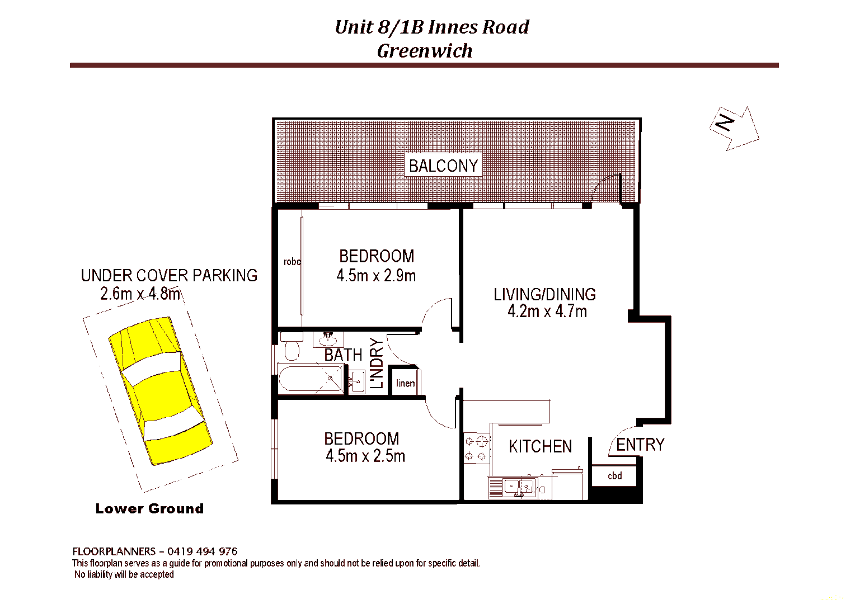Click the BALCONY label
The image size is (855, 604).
443,166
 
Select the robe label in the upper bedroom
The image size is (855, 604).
292,262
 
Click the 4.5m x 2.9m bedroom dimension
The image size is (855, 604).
376,276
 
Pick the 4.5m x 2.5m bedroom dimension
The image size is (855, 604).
365,456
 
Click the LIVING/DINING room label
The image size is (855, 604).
544,294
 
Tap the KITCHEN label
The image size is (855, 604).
540,446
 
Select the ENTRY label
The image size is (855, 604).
640,445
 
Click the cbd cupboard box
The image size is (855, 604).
614,476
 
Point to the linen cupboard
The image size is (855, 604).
405,383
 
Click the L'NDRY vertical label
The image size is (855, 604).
377,363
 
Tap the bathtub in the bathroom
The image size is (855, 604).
310,379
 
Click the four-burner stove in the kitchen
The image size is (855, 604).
477,449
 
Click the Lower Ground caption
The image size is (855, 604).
149,508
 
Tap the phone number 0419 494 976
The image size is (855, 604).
202,551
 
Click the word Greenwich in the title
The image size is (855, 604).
425,51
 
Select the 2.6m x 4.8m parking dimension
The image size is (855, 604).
140,294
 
